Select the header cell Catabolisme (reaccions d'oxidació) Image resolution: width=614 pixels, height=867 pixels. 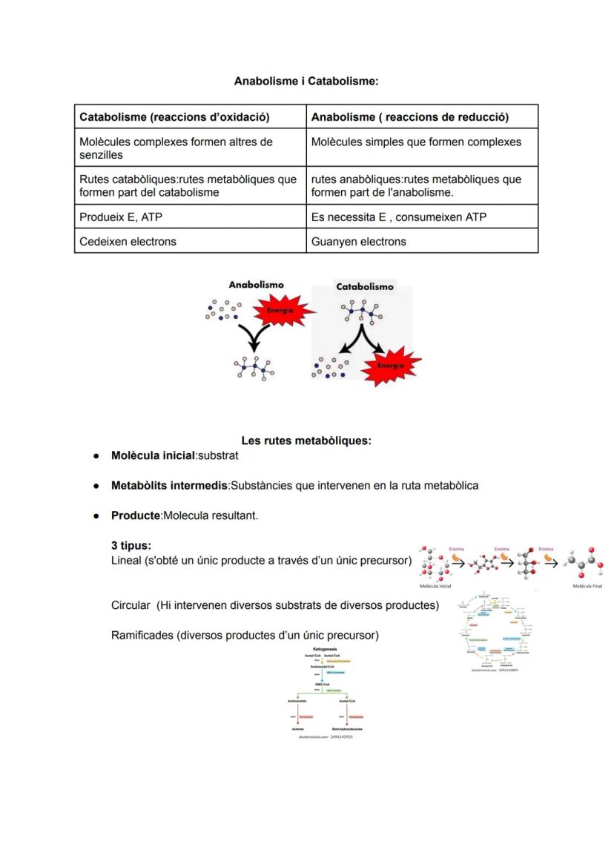174,117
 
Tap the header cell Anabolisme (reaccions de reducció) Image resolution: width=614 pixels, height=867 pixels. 410,117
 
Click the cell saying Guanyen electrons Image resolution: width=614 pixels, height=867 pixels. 359,241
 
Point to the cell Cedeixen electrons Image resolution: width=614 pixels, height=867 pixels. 128,241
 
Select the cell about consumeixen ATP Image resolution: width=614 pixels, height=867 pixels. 399,217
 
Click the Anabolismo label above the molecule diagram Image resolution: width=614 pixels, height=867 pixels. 256,284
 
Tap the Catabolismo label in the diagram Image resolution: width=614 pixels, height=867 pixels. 365,286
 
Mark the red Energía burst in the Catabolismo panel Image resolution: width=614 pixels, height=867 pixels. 390,366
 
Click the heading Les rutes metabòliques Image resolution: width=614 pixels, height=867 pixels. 306,441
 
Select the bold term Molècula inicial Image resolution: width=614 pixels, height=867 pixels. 153,455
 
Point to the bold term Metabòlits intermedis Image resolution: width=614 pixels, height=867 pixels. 169,485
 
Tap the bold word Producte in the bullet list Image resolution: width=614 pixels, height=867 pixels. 136,515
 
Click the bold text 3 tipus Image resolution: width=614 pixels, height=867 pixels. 131,545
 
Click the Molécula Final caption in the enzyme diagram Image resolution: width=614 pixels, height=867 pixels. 587,586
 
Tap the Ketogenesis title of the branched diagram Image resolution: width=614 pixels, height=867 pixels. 320,648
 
